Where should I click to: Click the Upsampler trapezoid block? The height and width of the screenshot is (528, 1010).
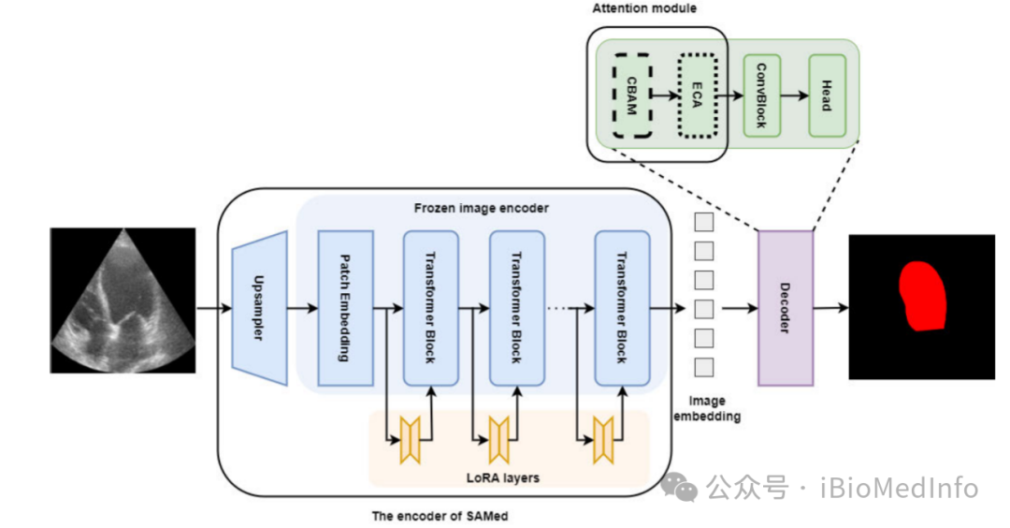pos(258,307)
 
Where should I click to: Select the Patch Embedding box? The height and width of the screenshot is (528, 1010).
pos(345,307)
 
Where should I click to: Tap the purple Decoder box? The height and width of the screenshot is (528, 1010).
pos(785,307)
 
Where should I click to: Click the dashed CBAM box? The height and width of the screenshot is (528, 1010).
pos(631,95)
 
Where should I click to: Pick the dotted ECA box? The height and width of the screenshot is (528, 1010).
pos(697,95)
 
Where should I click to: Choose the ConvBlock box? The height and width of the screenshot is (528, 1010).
pos(761,95)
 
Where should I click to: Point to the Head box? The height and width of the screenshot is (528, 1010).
pos(827,95)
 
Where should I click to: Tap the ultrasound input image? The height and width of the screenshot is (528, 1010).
pos(123,300)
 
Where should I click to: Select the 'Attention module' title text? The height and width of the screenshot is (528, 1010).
pos(644,8)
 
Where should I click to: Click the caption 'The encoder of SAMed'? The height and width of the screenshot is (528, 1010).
pos(432,516)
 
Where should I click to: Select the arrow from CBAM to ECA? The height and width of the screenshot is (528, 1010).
pos(664,95)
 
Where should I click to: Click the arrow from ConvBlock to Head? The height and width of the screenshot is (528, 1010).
pos(794,95)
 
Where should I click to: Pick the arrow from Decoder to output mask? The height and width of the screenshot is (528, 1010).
pos(830,307)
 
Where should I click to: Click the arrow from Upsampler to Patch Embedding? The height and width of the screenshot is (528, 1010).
pos(302,307)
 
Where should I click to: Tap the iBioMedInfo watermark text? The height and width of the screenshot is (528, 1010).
pos(885,488)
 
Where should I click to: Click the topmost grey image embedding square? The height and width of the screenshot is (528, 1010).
pos(704,223)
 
